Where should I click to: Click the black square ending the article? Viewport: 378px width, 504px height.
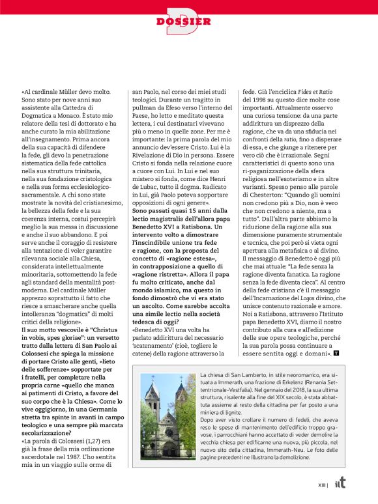coord(335,353)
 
